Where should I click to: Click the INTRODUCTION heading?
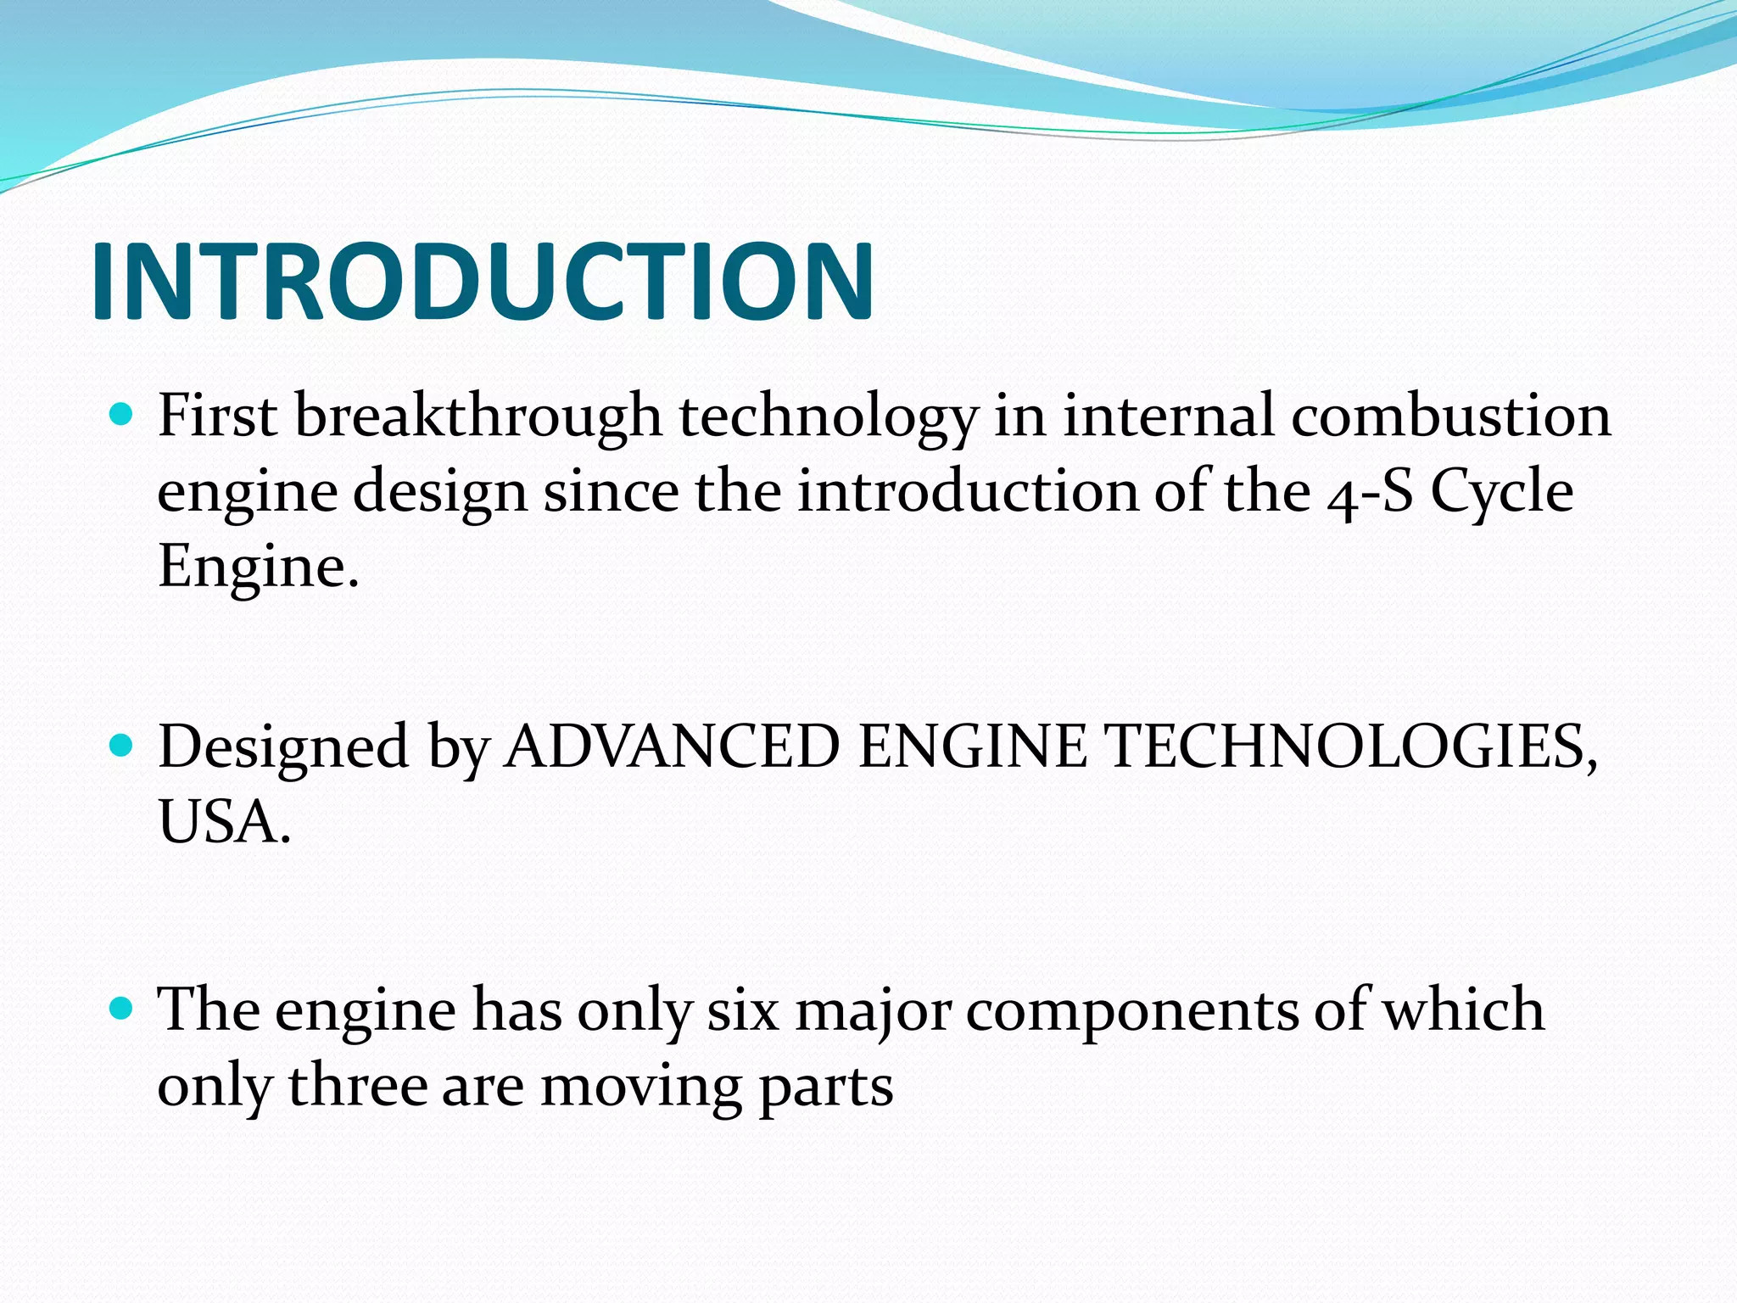point(482,282)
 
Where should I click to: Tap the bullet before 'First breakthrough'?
point(123,415)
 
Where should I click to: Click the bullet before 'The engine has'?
point(123,1009)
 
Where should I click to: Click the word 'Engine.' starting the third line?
point(259,567)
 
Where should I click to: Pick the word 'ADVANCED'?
point(671,747)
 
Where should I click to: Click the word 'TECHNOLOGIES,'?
point(1352,747)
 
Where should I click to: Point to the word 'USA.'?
point(225,822)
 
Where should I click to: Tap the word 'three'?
point(358,1086)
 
